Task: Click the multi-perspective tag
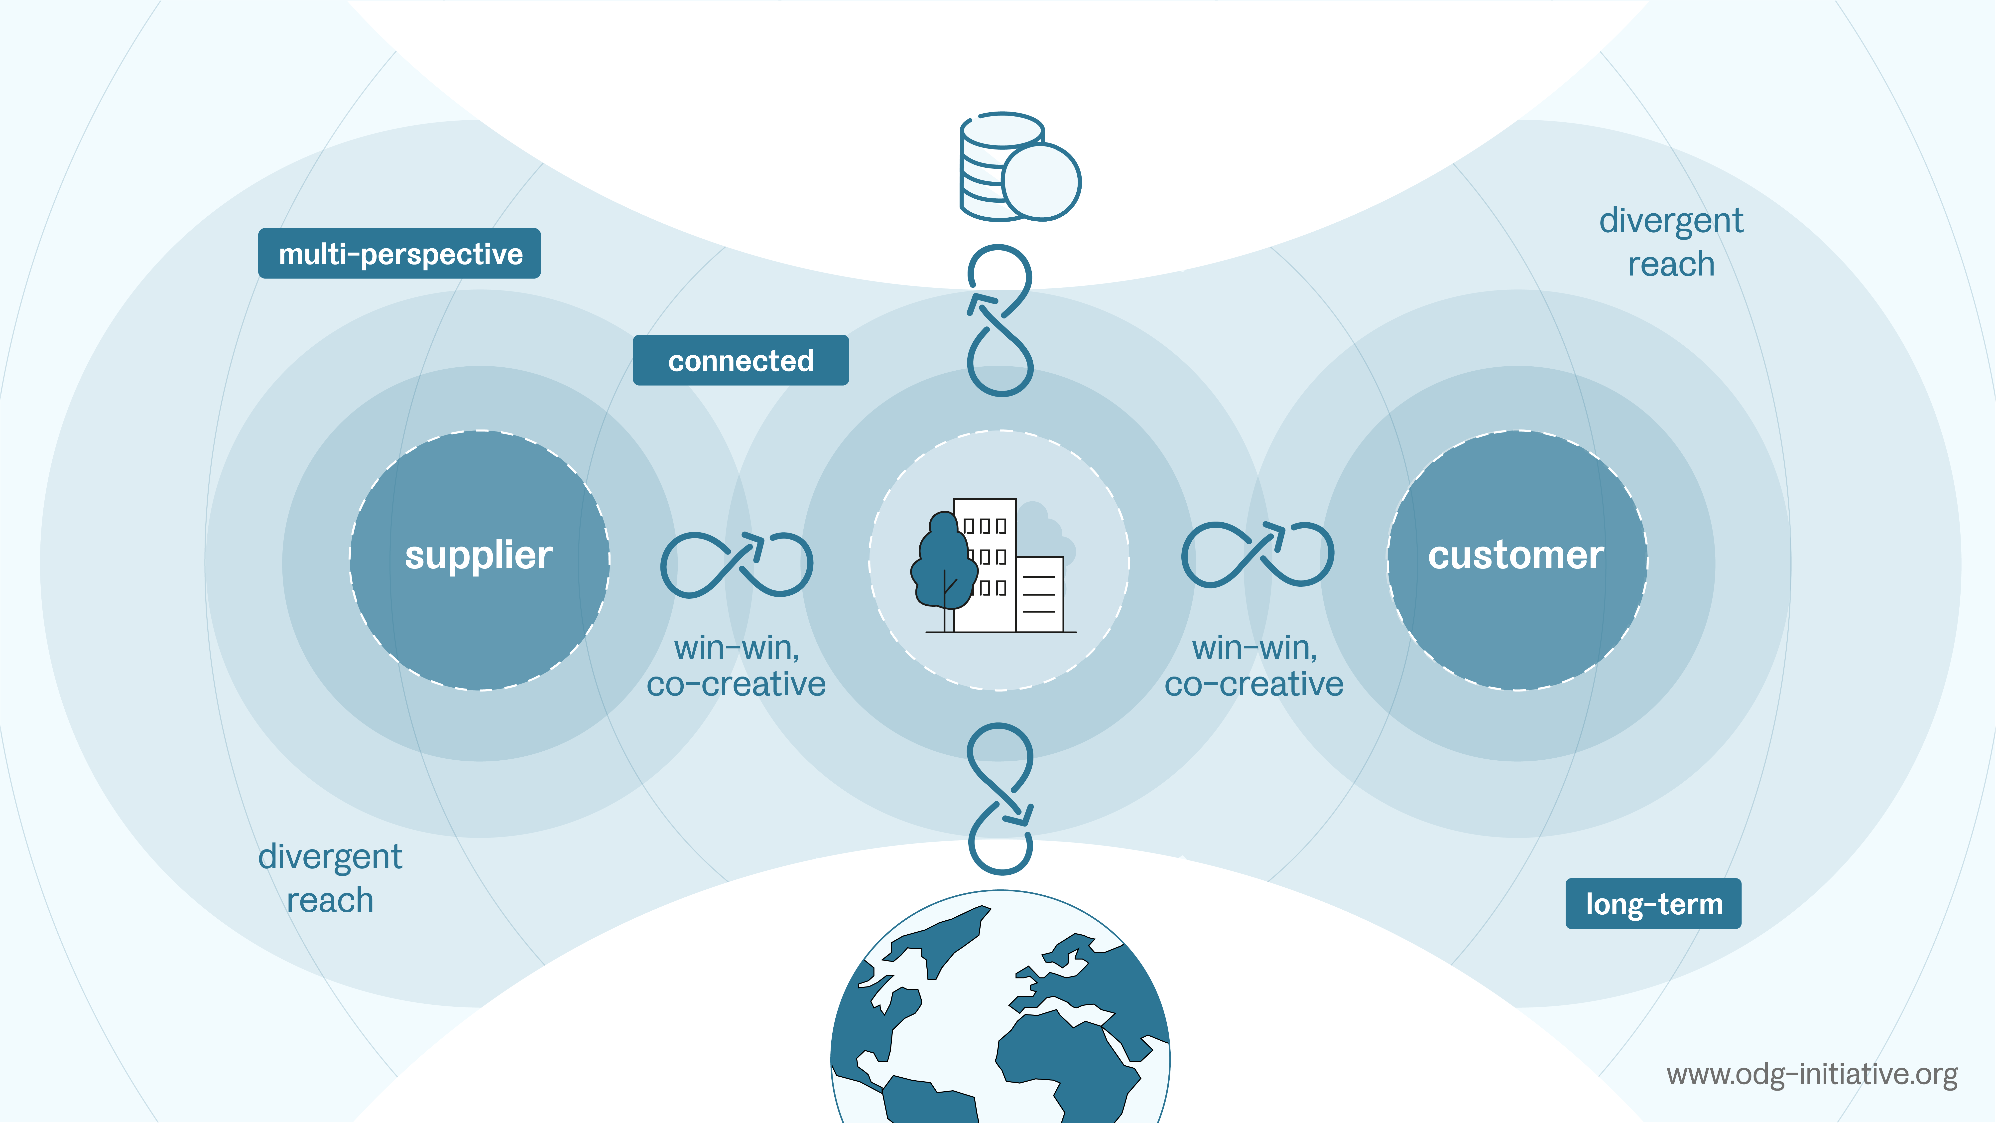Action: [399, 254]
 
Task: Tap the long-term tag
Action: [1653, 904]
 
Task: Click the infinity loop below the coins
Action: [999, 320]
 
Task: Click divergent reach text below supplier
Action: [330, 878]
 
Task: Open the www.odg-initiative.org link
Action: [1812, 1074]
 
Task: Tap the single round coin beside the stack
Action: [1041, 181]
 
